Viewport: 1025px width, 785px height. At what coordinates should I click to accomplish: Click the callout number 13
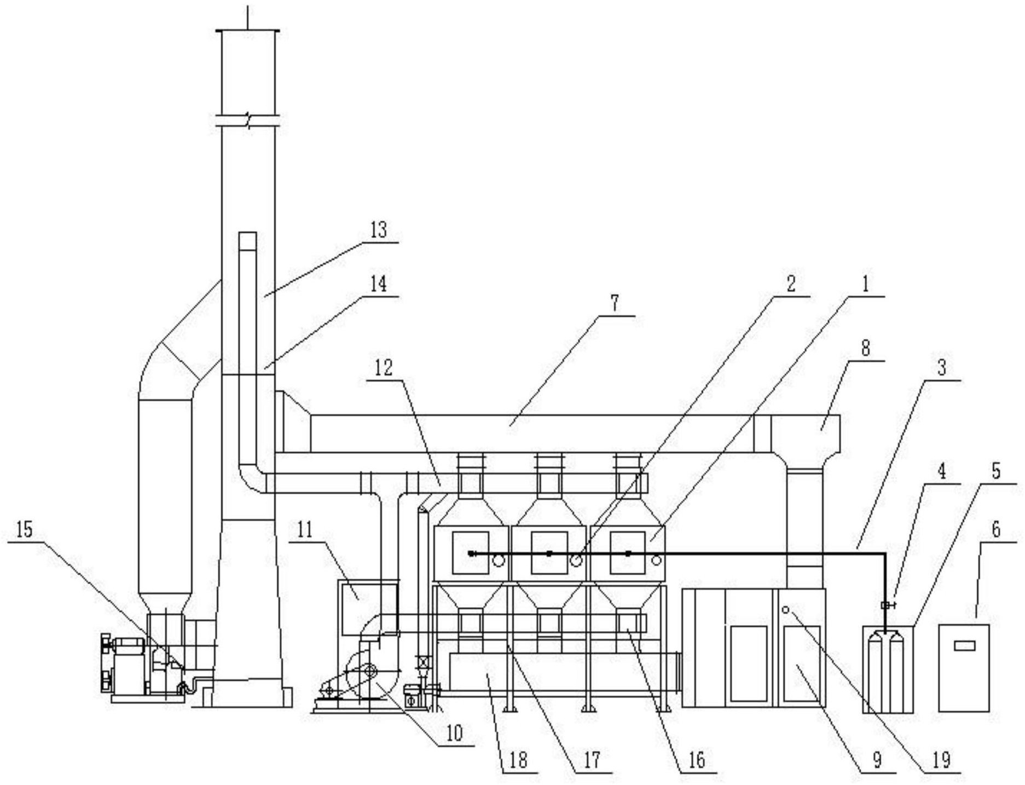click(x=378, y=230)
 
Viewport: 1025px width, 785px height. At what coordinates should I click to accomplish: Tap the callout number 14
click(x=378, y=285)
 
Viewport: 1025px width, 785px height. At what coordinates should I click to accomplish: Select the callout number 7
click(x=615, y=304)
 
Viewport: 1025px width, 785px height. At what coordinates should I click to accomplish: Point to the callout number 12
click(x=384, y=368)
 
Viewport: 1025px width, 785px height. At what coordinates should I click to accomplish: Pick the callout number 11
click(x=304, y=530)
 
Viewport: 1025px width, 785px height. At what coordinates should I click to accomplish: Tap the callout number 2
click(x=790, y=284)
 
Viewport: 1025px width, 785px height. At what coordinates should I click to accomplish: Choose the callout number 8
click(x=865, y=349)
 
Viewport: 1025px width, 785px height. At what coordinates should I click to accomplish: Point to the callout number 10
click(x=454, y=732)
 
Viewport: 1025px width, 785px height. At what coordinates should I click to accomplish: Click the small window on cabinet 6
click(x=964, y=646)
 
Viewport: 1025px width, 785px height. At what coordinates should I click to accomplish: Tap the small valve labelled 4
click(x=886, y=605)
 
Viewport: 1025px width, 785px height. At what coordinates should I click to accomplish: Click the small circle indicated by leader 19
click(x=785, y=610)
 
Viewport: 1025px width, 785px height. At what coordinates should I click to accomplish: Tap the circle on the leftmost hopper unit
click(x=498, y=561)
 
